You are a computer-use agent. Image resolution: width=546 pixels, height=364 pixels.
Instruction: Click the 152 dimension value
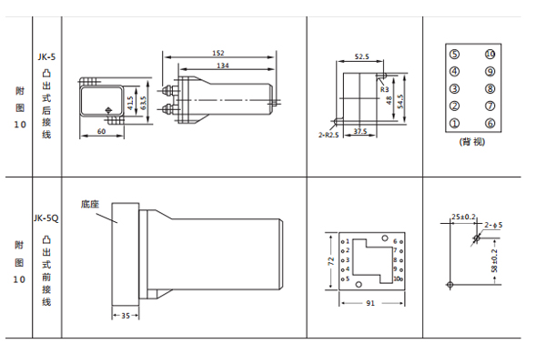coord(218,53)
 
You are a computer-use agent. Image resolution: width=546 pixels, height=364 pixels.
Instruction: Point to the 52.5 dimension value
coord(360,56)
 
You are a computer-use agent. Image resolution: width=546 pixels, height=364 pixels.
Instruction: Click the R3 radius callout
coord(384,90)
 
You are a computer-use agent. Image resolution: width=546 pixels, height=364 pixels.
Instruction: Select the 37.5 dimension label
coord(360,131)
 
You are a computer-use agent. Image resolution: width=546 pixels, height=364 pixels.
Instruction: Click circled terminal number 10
coord(490,54)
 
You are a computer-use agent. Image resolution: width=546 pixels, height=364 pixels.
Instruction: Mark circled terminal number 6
coord(490,123)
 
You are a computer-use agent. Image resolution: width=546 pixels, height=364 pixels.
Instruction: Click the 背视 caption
coord(472,143)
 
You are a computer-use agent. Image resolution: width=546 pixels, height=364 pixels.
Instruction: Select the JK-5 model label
coord(45,56)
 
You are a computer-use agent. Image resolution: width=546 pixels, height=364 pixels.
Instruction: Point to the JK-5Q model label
coord(45,218)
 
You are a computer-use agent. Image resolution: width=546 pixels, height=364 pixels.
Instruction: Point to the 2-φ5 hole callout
coord(494,224)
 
